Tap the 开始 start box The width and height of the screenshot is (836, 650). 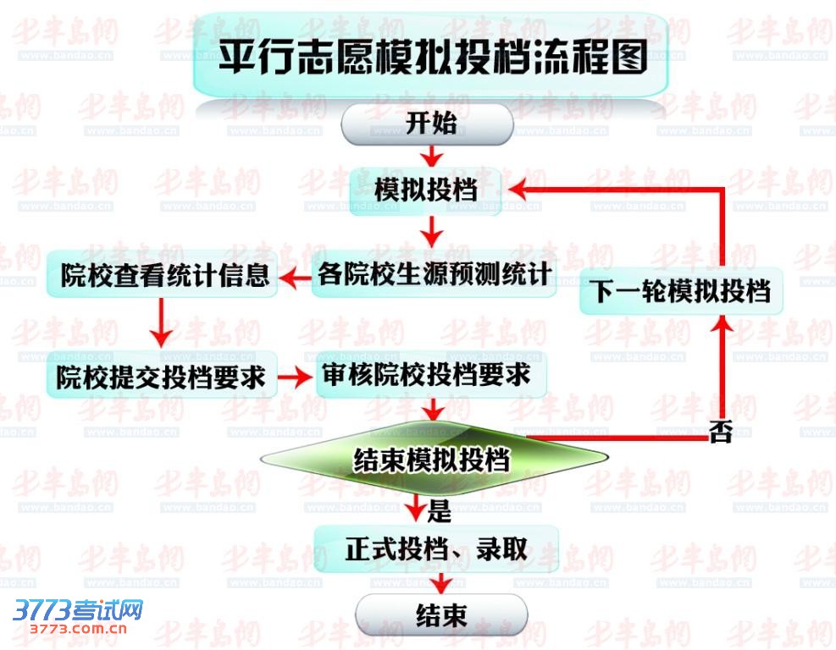point(427,124)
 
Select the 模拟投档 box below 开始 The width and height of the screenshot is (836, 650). point(425,191)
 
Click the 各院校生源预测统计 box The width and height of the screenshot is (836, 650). point(434,275)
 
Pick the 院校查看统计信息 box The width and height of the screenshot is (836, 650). point(162,275)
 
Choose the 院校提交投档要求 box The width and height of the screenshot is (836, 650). point(162,375)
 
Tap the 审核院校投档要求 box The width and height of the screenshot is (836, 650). point(432,375)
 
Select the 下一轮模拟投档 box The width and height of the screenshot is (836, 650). point(681,291)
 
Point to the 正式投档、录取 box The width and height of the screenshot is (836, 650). point(436,549)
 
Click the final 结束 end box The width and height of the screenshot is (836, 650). point(441,615)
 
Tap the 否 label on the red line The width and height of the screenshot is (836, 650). point(721,432)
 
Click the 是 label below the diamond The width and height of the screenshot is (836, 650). point(440,511)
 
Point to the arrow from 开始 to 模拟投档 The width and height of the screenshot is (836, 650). point(432,156)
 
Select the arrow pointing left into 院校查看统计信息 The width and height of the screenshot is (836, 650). point(296,277)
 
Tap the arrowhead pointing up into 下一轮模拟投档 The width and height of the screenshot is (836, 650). point(723,325)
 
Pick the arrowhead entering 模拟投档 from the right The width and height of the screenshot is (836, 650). point(518,189)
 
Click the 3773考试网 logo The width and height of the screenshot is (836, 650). point(78,609)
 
